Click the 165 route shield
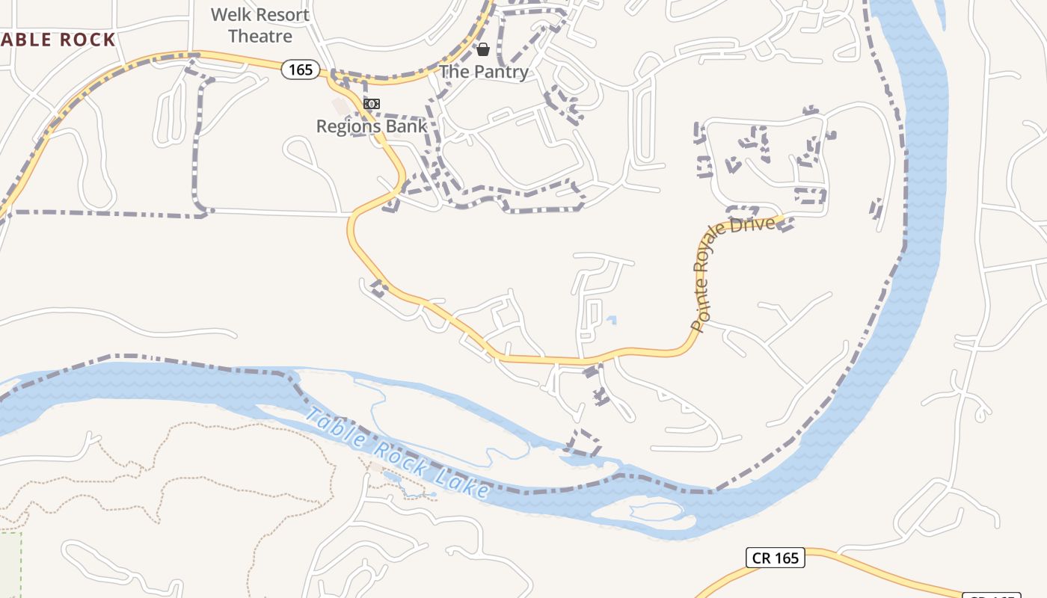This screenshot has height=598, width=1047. (301, 70)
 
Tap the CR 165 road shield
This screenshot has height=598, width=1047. (775, 558)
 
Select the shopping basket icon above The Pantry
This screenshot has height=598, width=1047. (483, 50)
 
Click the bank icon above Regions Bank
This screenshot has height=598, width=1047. (372, 104)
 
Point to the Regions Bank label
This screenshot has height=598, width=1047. (372, 126)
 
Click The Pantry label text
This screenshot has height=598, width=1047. (483, 72)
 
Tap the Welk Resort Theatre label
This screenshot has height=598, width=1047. (260, 25)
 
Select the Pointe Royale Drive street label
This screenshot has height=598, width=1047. (731, 273)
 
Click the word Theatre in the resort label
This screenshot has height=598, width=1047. (260, 35)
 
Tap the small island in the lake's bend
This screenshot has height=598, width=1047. (656, 512)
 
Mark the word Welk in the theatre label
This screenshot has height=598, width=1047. (229, 14)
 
